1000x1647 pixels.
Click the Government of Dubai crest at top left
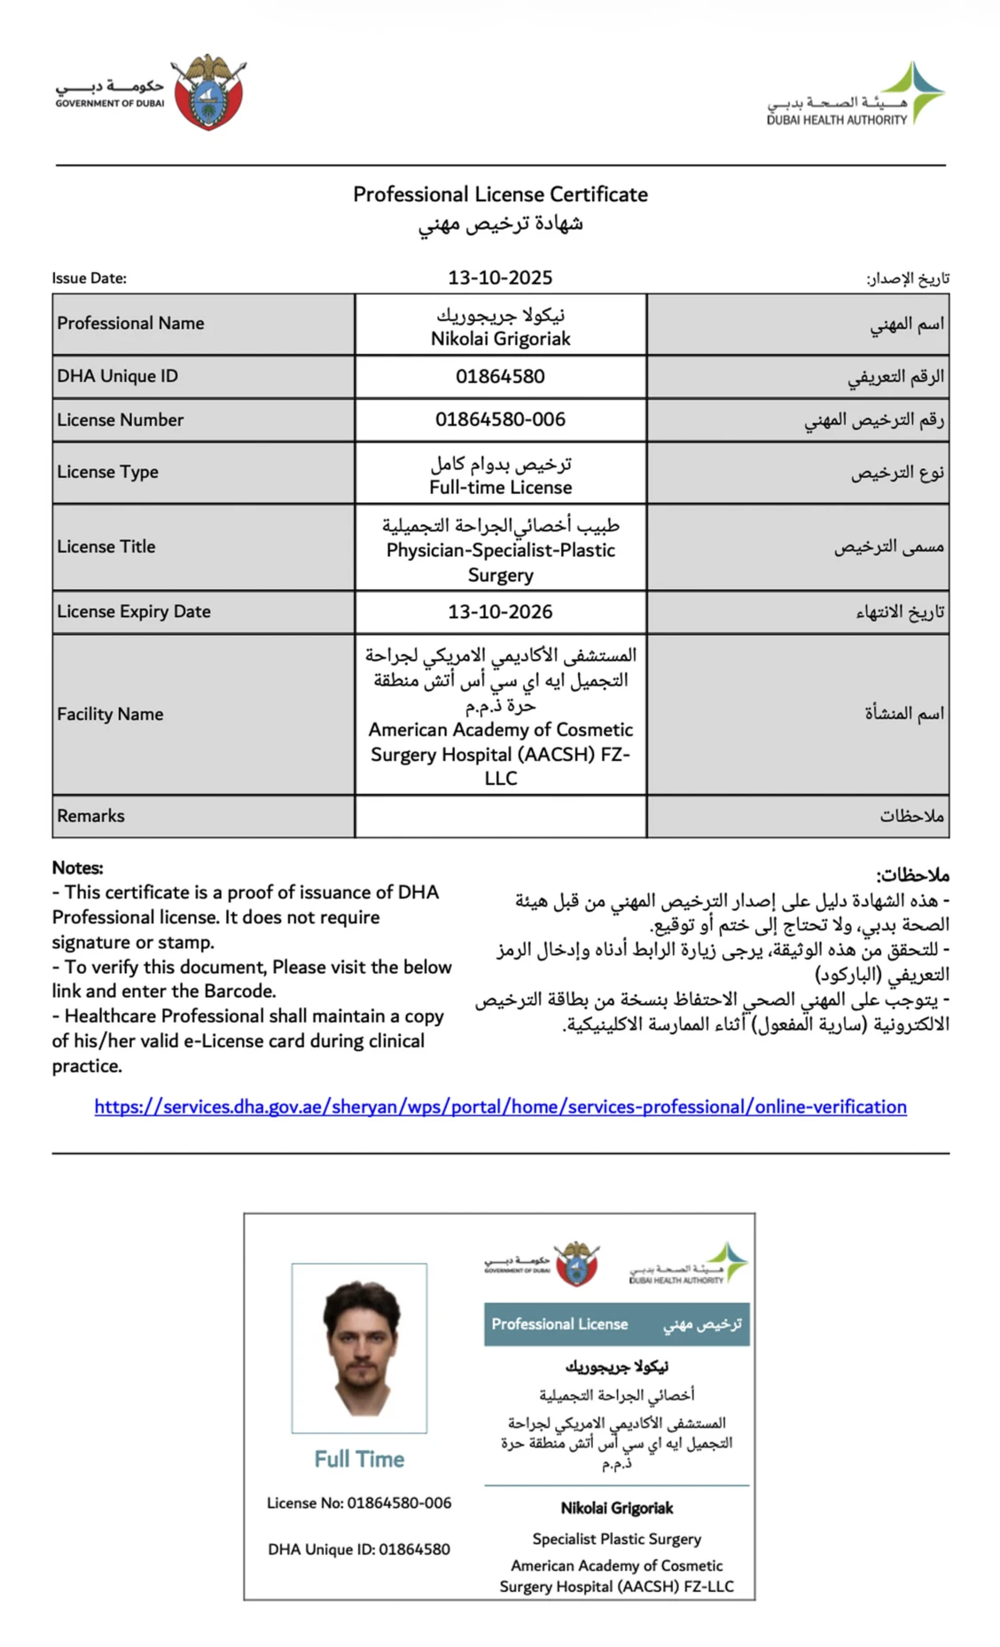(208, 92)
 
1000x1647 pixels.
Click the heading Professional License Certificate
(500, 194)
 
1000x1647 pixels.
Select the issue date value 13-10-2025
(500, 278)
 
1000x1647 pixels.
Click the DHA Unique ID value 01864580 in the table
(500, 377)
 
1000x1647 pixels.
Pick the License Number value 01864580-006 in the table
(500, 420)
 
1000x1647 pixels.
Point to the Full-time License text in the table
(500, 488)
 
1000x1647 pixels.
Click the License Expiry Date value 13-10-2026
(500, 612)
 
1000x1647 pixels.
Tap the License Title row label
(106, 547)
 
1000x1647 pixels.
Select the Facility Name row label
(110, 714)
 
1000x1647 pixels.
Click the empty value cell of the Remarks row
(500, 816)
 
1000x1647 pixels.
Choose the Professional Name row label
(130, 324)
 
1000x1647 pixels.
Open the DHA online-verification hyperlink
(500, 1107)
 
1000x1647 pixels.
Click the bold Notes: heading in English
(77, 868)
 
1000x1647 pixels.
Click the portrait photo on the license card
(359, 1347)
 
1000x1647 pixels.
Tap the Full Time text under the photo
(359, 1459)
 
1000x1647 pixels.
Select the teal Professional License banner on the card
(616, 1324)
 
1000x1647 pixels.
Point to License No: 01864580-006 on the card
(359, 1503)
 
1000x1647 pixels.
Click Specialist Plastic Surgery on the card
(616, 1539)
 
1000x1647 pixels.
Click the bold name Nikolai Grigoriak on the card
(616, 1508)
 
